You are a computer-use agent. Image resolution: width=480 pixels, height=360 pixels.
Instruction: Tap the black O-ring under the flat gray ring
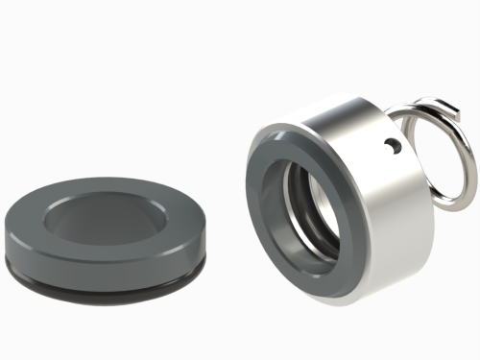click(x=106, y=273)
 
